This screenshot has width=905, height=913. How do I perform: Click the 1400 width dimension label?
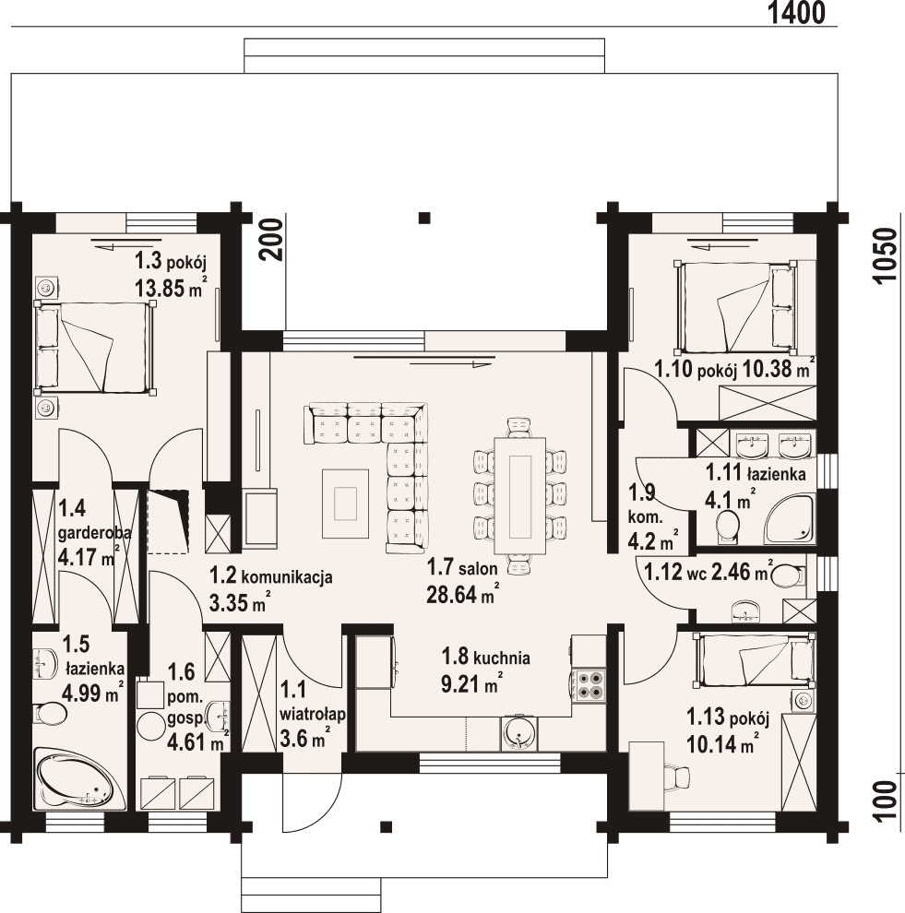click(x=796, y=13)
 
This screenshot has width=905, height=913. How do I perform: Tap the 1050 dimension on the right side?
click(x=884, y=255)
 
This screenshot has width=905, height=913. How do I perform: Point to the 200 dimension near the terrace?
click(x=271, y=240)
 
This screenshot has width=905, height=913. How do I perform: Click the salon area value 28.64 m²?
click(x=463, y=595)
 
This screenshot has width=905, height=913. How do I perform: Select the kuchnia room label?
click(x=502, y=658)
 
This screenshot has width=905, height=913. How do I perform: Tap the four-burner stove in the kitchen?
click(x=589, y=684)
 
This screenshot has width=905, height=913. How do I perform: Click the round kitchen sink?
click(x=517, y=732)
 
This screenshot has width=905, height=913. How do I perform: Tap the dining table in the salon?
click(x=520, y=496)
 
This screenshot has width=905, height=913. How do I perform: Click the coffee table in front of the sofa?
click(x=346, y=504)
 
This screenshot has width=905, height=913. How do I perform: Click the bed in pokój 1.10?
click(x=735, y=307)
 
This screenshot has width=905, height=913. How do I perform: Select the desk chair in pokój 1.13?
click(x=677, y=777)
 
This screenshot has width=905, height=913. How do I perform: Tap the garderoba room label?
click(x=94, y=532)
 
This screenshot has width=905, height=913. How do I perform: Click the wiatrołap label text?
click(x=314, y=714)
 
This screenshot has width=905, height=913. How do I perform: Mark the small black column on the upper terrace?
click(x=425, y=219)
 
